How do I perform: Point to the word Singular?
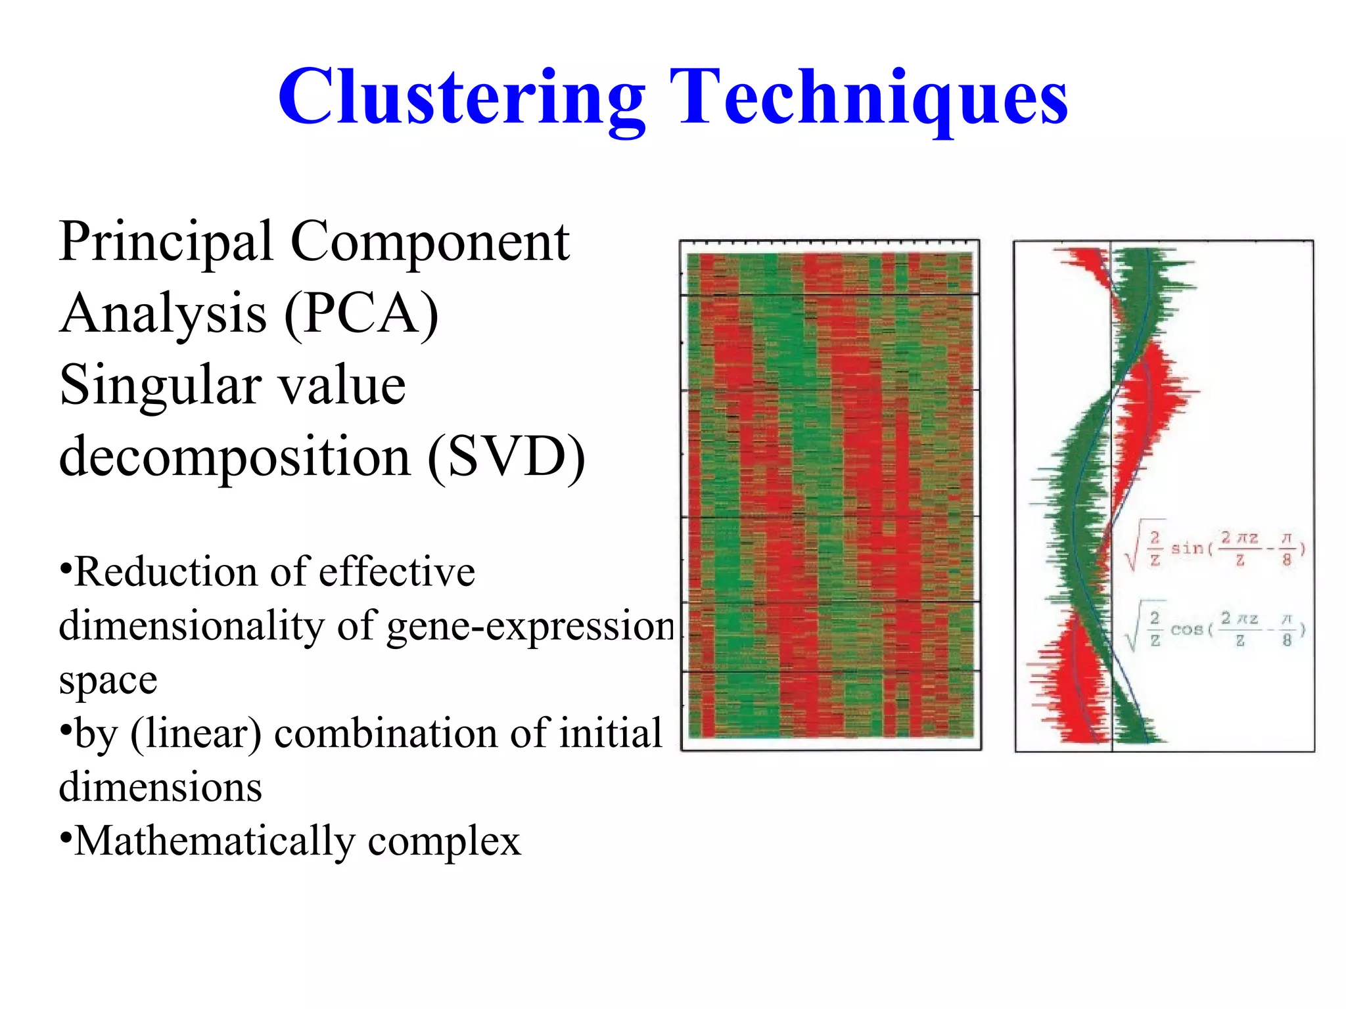158,386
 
